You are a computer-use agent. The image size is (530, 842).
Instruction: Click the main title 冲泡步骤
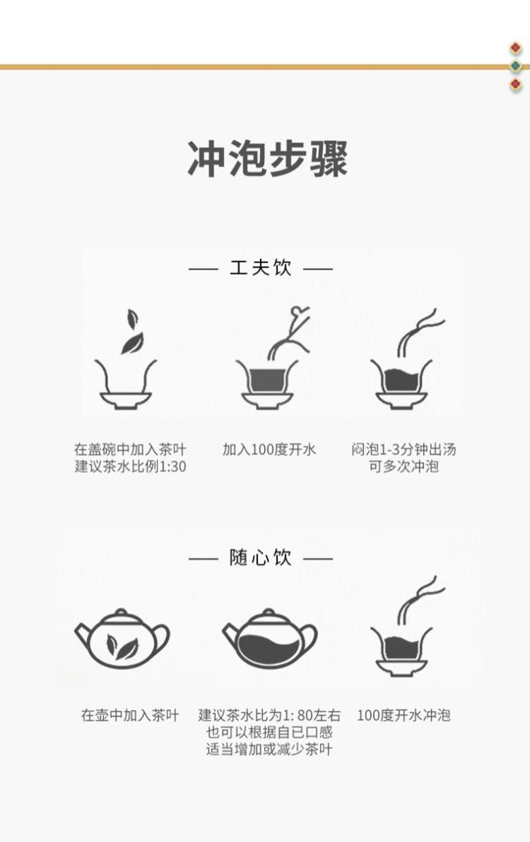[267, 159]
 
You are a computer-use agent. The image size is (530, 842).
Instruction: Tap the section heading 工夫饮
[261, 267]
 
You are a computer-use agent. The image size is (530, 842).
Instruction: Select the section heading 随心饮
[261, 558]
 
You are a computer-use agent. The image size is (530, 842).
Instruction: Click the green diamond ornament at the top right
[516, 66]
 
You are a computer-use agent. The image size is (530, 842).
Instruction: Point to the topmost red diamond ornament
[516, 48]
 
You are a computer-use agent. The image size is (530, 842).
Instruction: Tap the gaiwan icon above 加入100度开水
[267, 383]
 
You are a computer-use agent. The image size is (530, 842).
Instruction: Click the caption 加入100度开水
[269, 449]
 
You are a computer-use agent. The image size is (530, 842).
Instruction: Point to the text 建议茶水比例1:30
[131, 466]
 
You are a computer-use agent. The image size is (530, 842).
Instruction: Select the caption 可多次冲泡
[404, 466]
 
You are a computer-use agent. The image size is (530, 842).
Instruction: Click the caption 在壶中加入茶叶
[130, 715]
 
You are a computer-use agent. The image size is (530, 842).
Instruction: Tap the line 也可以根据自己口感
[269, 732]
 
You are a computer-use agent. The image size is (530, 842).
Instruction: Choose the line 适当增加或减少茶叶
[269, 749]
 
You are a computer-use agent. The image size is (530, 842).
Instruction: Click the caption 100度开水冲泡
[404, 715]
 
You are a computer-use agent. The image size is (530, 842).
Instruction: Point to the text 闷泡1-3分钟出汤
[404, 449]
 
